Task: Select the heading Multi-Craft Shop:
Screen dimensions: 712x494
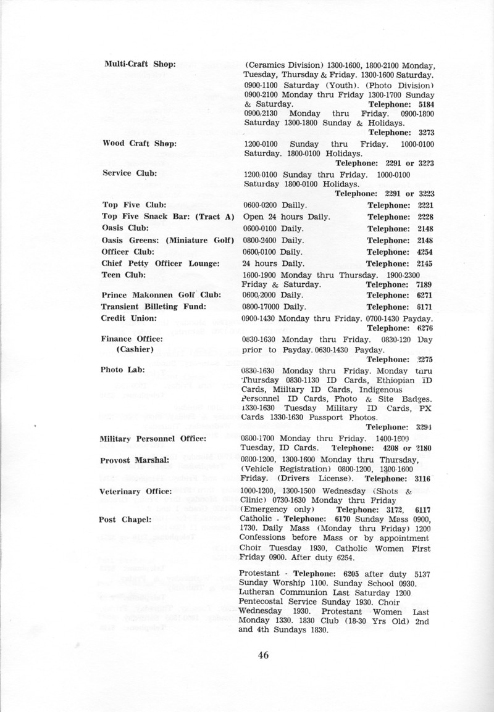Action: (140, 64)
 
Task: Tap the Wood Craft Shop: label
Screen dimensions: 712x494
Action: (140, 143)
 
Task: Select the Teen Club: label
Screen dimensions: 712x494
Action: (124, 274)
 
